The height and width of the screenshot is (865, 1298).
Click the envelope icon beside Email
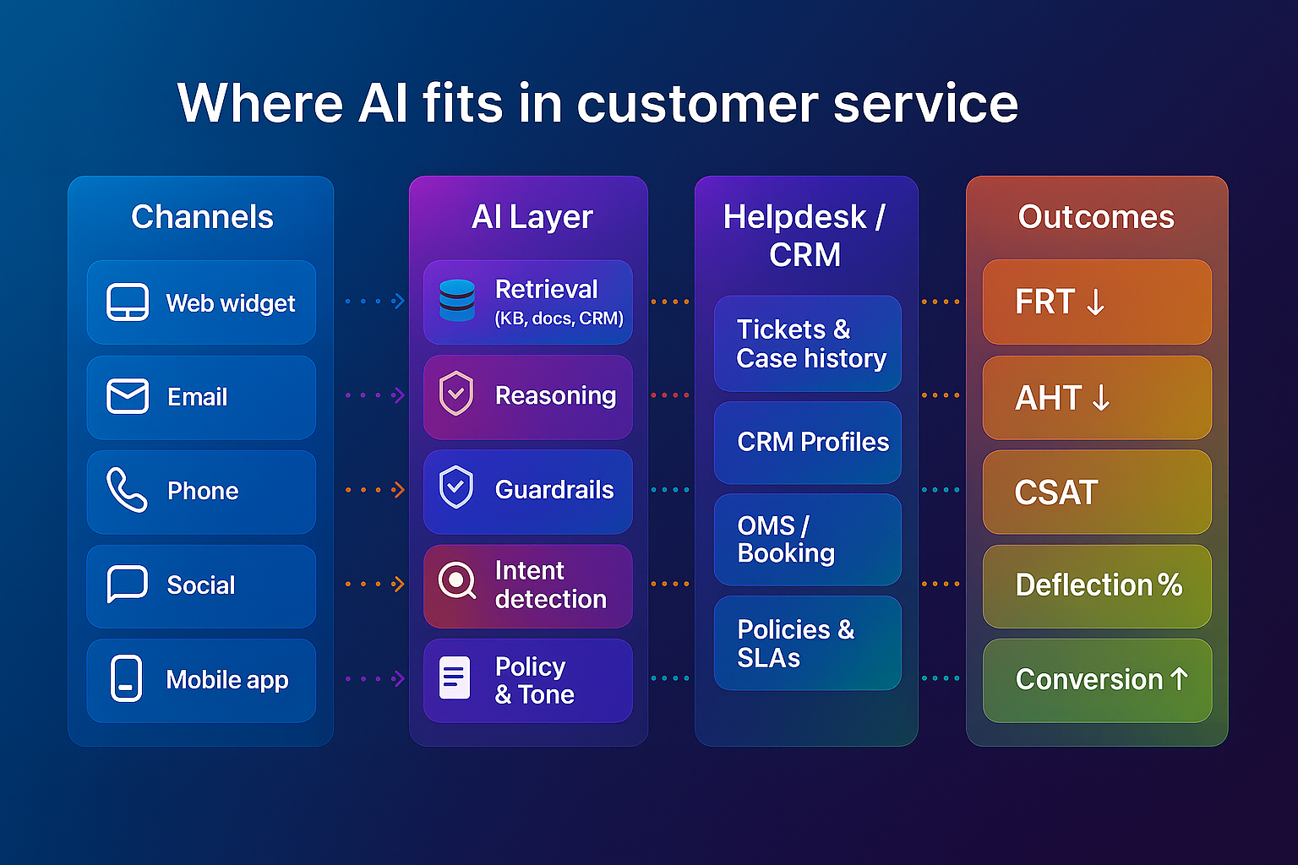click(x=128, y=396)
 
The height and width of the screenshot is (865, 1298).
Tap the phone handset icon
click(x=126, y=490)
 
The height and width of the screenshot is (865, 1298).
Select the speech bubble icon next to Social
click(x=128, y=584)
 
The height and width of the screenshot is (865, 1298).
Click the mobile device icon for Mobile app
click(x=127, y=678)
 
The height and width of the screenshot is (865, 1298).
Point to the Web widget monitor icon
click(x=128, y=302)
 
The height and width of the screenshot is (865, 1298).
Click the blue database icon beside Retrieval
click(x=457, y=301)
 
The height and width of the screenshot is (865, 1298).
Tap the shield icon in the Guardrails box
click(x=456, y=487)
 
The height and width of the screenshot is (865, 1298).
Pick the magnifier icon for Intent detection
click(x=457, y=581)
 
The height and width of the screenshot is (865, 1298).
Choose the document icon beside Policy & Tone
click(x=455, y=677)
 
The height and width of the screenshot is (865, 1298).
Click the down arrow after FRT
click(x=1095, y=302)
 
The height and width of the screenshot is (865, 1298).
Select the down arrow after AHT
click(x=1100, y=397)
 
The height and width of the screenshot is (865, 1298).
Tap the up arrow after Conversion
click(x=1180, y=678)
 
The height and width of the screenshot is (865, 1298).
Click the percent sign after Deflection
click(x=1170, y=585)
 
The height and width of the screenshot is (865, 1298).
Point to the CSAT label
click(x=1055, y=492)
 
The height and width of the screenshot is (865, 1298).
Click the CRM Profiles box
click(x=807, y=442)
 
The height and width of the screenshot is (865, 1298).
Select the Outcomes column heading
click(x=1096, y=217)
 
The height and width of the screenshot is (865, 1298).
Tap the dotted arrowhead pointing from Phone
click(x=399, y=490)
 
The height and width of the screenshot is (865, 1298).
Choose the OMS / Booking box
click(x=807, y=539)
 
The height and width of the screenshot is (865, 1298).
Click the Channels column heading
click(x=202, y=217)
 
